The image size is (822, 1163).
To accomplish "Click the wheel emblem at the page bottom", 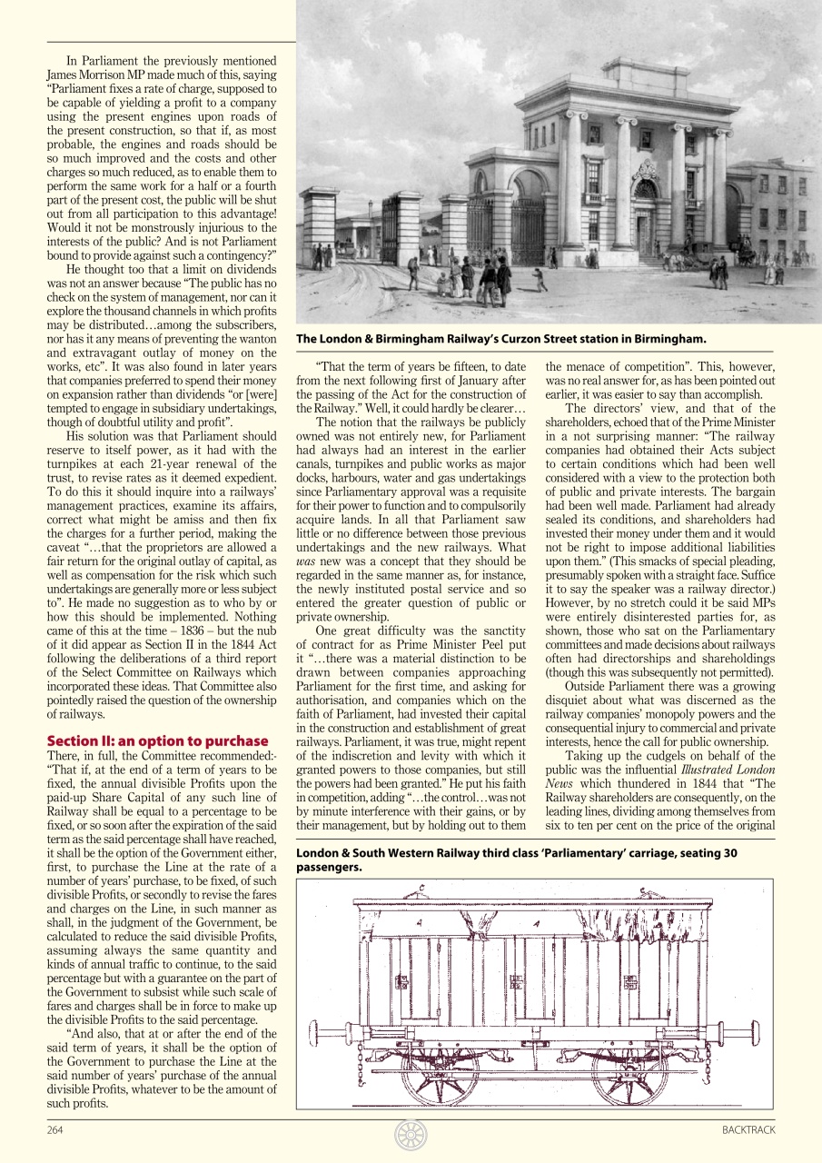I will pyautogui.click(x=411, y=1135).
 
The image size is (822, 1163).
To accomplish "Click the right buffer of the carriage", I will pyautogui.click(x=752, y=1029).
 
